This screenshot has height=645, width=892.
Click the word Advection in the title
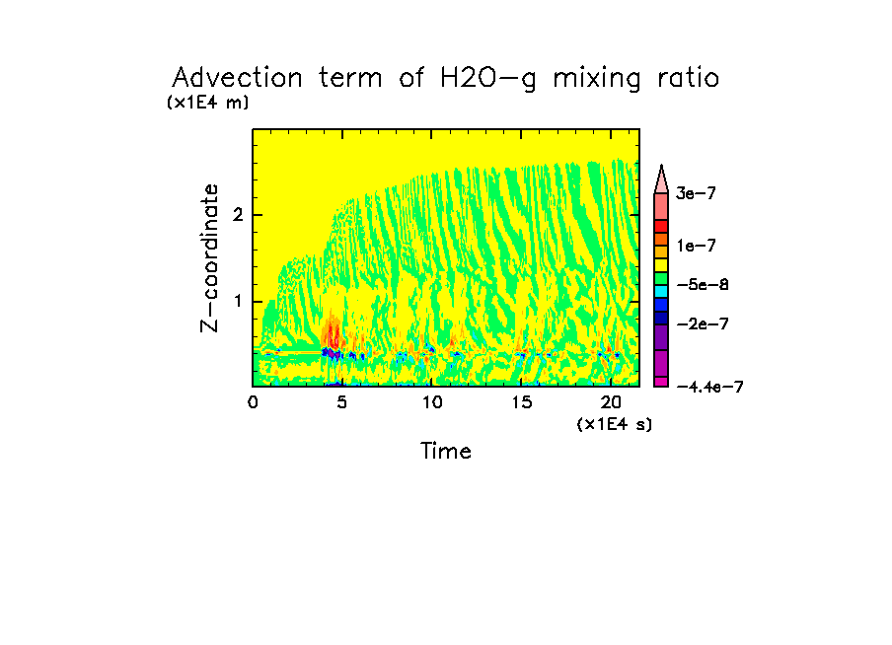[x=228, y=79]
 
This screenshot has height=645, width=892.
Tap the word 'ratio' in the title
[x=684, y=79]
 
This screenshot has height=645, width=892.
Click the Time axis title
[x=446, y=452]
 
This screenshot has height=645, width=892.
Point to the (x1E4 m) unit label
[x=207, y=103]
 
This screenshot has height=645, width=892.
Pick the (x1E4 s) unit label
[x=614, y=423]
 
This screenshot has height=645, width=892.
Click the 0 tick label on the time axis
[x=254, y=402]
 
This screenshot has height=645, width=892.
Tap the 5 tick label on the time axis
[x=342, y=402]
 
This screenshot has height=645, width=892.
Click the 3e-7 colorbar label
[x=696, y=194]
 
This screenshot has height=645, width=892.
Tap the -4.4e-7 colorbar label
[x=709, y=388]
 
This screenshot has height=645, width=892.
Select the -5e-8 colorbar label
[x=702, y=285]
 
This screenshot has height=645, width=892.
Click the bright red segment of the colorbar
[x=661, y=226]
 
